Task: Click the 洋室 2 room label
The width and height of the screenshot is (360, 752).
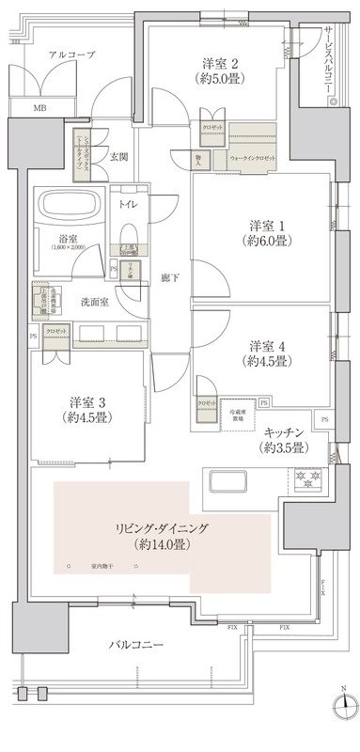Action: [x=221, y=64]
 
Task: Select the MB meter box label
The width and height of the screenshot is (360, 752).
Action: [x=38, y=108]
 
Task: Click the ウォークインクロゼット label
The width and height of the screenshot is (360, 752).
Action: [x=252, y=159]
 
